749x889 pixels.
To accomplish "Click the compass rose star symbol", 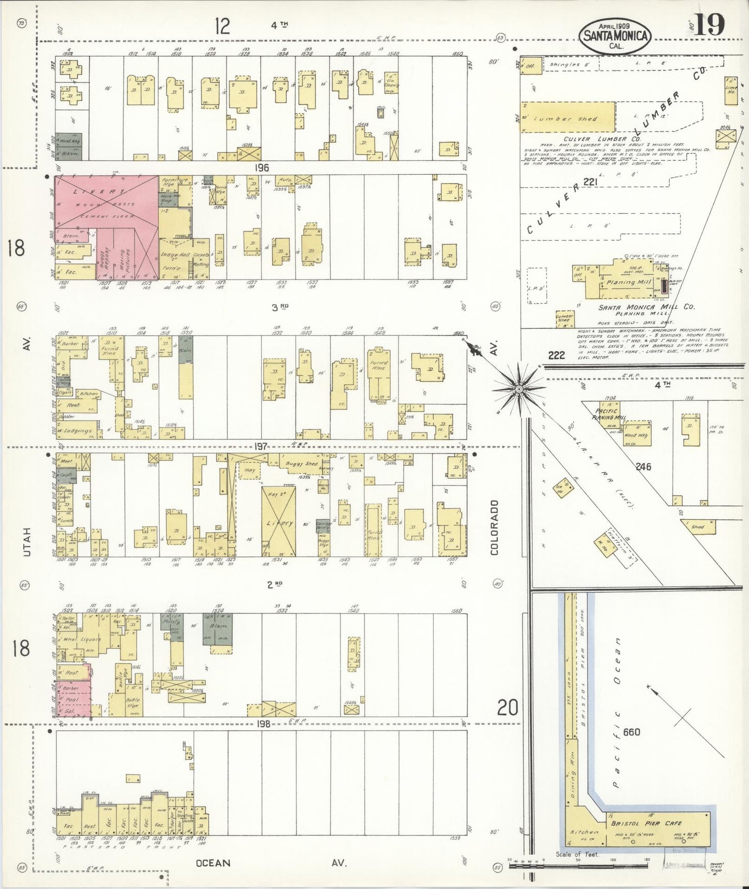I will pyautogui.click(x=518, y=388).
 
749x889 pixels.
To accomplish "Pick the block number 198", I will pyautogui.click(x=263, y=724).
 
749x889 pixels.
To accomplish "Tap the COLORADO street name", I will pyautogui.click(x=494, y=527).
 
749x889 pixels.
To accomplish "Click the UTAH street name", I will pyautogui.click(x=26, y=542).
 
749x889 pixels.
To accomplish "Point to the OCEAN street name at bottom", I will pyautogui.click(x=213, y=863).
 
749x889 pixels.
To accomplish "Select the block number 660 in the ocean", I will pyautogui.click(x=632, y=732).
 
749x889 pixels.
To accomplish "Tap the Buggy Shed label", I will pyautogui.click(x=305, y=463).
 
